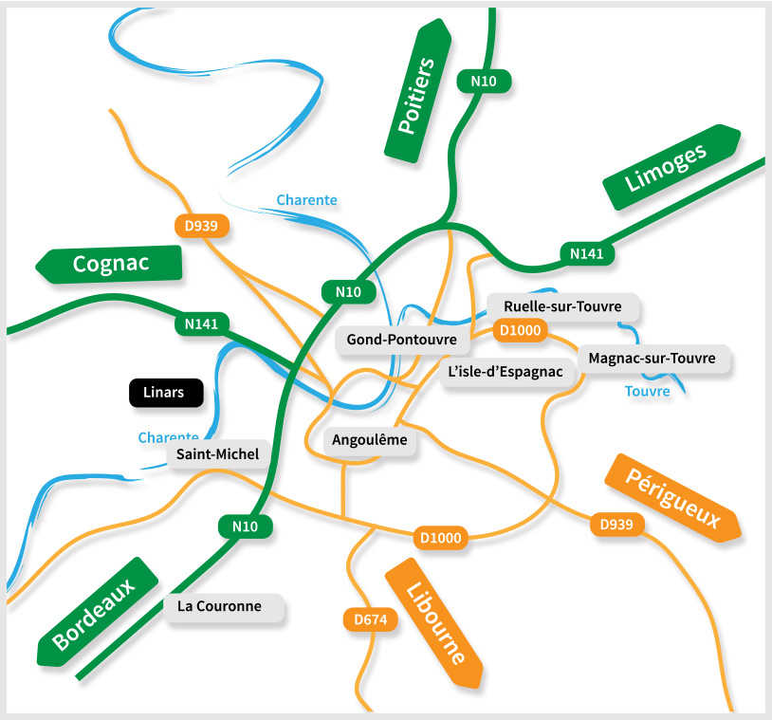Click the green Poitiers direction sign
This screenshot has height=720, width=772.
click(417, 93)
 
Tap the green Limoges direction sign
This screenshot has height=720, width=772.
click(671, 167)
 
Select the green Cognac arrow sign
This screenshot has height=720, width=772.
click(109, 264)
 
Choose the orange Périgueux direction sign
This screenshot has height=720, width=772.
click(671, 498)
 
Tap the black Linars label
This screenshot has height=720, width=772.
click(166, 392)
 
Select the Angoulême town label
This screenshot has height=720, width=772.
click(370, 440)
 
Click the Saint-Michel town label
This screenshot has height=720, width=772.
click(218, 454)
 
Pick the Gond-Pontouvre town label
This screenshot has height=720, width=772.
click(402, 340)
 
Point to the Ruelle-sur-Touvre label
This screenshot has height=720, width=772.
click(562, 307)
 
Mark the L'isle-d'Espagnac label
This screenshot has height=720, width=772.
click(505, 372)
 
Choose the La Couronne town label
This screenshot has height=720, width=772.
click(226, 607)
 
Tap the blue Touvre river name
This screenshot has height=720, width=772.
click(648, 391)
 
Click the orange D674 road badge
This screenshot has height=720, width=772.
click(370, 620)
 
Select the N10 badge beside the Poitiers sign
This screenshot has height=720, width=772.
click(484, 82)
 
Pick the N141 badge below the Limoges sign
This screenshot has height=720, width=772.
click(586, 253)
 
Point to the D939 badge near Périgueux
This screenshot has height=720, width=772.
click(617, 524)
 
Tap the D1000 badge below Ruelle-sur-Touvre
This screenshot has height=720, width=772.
click(520, 330)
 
